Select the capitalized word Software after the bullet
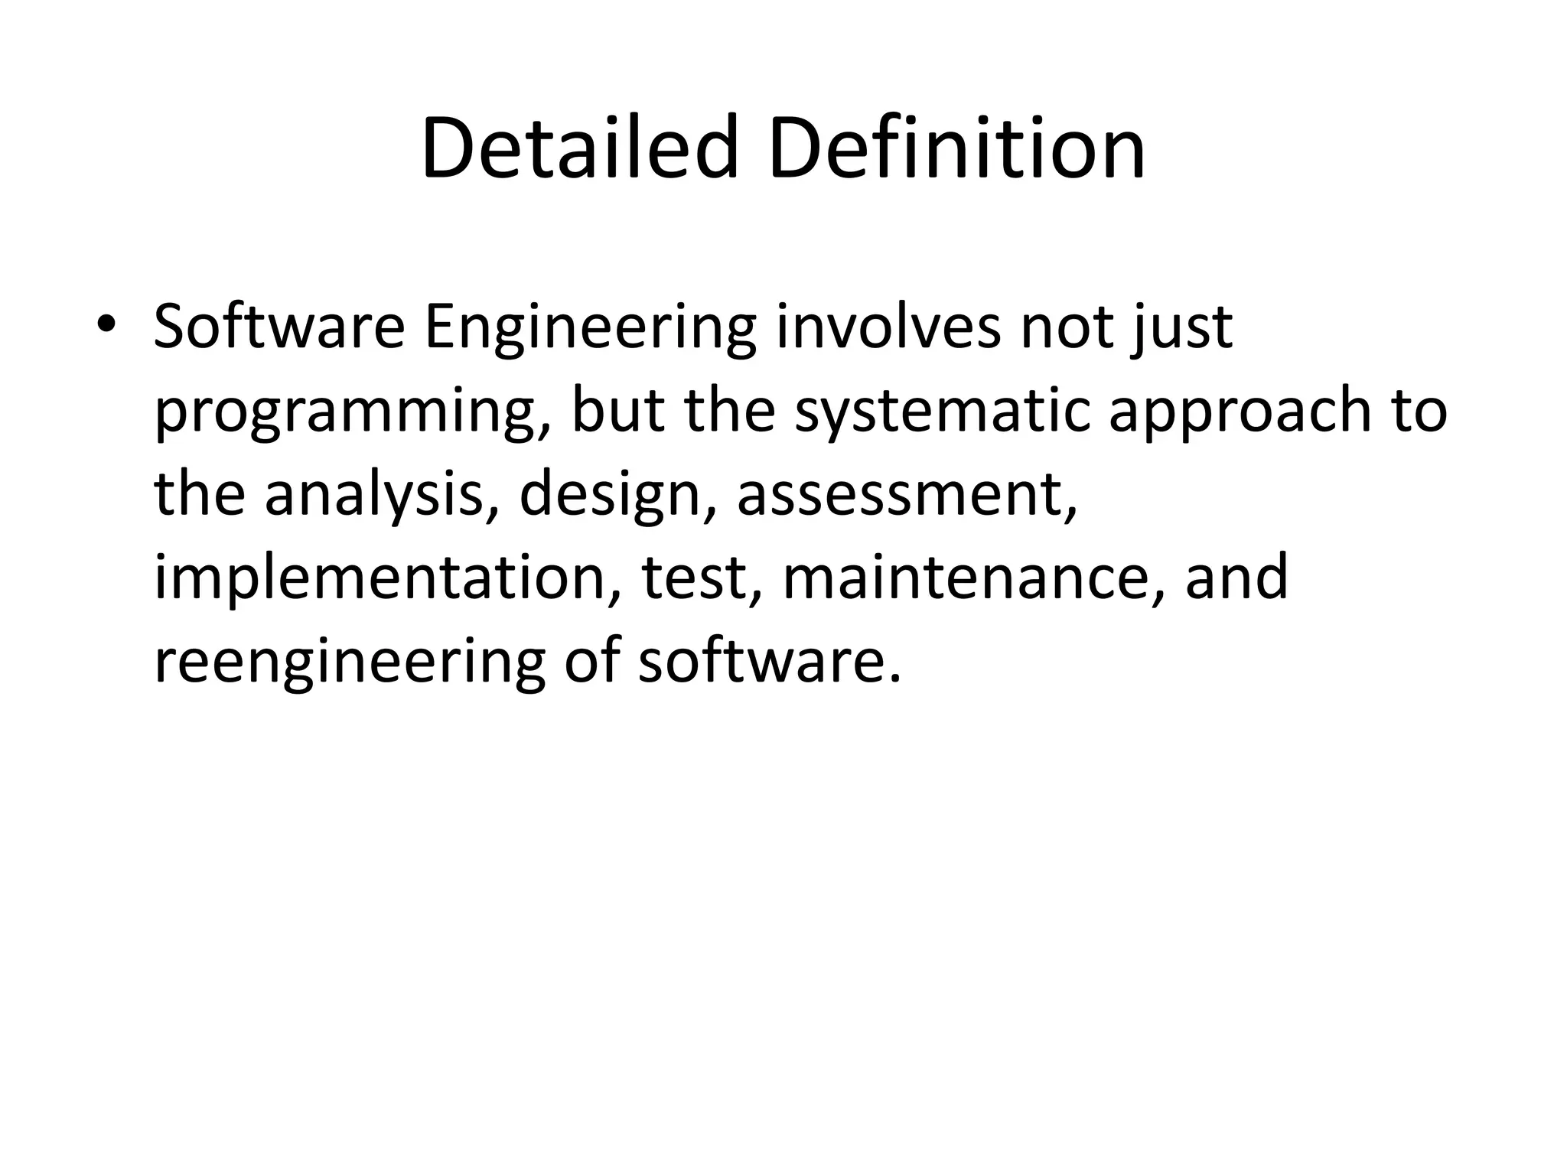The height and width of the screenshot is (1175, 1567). coord(279,327)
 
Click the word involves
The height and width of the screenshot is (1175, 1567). coord(888,327)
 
